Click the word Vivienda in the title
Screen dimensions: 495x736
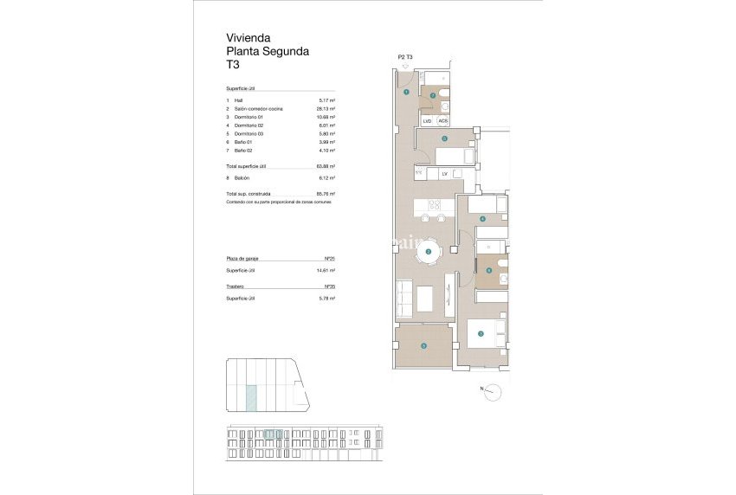(249, 38)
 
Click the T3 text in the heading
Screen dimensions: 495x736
(233, 65)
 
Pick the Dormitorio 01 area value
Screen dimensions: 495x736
(326, 117)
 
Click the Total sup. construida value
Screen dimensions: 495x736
(326, 194)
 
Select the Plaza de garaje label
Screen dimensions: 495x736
(243, 259)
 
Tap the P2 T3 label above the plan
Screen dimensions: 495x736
(405, 57)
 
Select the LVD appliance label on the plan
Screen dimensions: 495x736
(427, 121)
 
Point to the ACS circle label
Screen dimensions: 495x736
(442, 121)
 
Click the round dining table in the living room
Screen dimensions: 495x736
(429, 252)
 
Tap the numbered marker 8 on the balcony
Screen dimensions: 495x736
(423, 346)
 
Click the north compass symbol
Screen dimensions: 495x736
(493, 391)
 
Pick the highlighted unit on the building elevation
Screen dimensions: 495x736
(273, 434)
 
